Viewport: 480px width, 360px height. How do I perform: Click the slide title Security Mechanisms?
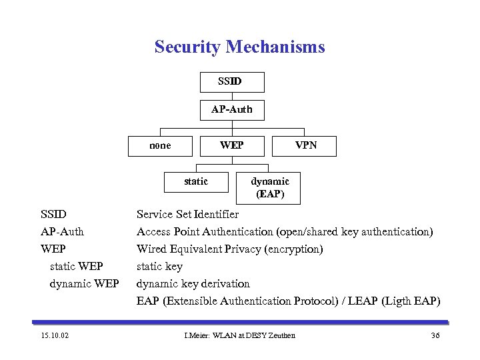[239, 47]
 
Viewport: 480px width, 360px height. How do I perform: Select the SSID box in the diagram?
[232, 82]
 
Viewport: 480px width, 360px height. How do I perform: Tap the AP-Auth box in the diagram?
[232, 110]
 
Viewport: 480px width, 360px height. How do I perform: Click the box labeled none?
[161, 145]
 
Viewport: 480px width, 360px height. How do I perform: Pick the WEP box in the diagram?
[232, 145]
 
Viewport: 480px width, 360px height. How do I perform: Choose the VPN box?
[305, 145]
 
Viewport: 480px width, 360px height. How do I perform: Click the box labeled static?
[196, 181]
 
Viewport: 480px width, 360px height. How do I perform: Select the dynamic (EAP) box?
[269, 188]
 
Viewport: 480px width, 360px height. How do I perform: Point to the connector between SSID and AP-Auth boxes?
[232, 96]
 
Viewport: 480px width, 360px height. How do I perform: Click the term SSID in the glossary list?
[54, 215]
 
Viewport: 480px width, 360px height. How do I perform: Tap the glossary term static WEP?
[76, 267]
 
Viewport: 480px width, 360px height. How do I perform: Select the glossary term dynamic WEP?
[84, 284]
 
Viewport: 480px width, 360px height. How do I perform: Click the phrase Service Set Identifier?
[187, 215]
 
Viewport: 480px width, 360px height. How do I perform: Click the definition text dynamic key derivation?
[193, 284]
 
